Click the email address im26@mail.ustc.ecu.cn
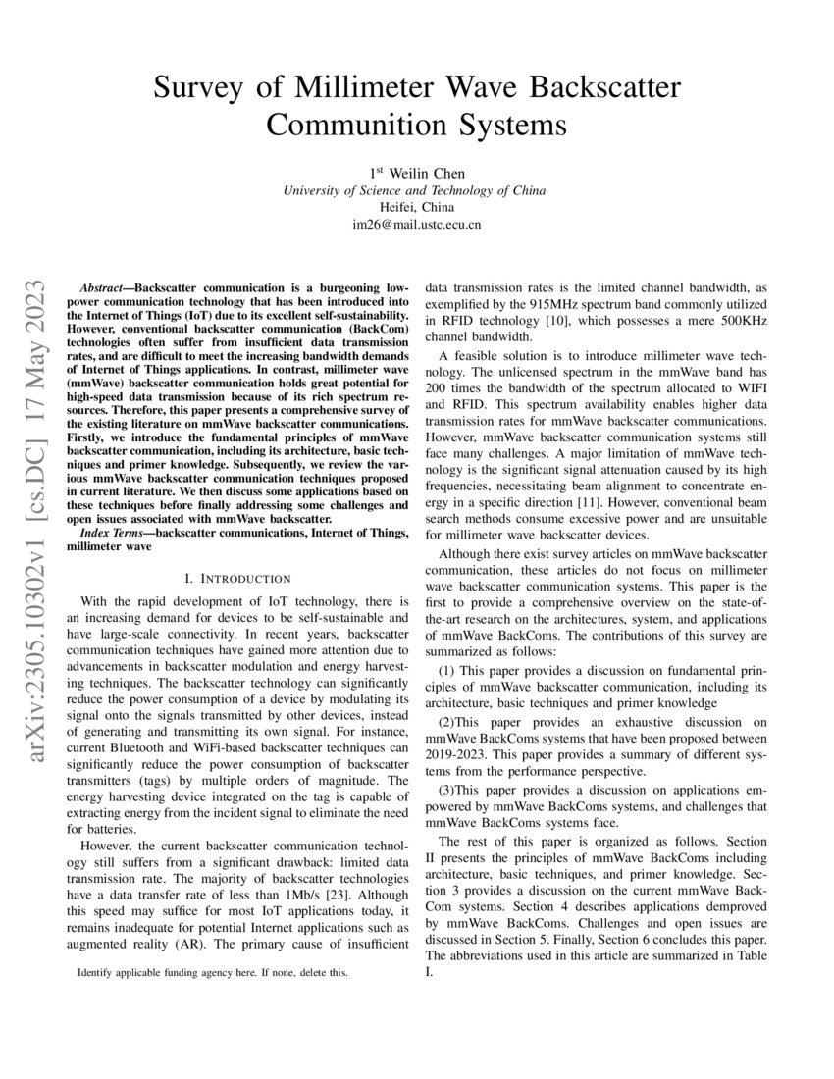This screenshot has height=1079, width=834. (x=416, y=225)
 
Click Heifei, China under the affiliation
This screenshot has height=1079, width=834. (x=416, y=208)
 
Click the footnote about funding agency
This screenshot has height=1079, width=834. (x=211, y=974)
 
